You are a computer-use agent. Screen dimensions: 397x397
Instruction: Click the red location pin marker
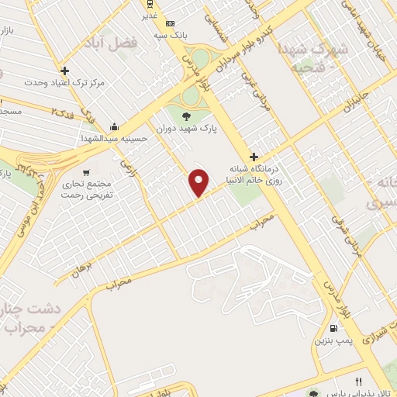(x=199, y=181)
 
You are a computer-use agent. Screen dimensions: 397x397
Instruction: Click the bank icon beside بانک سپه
(x=170, y=24)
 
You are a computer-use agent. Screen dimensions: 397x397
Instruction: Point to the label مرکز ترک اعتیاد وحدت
(x=64, y=81)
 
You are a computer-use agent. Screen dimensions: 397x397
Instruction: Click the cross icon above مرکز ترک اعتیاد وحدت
(x=64, y=70)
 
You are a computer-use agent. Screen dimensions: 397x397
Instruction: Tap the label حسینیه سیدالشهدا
(x=115, y=138)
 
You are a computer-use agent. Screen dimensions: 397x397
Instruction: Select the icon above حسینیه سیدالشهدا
(x=115, y=126)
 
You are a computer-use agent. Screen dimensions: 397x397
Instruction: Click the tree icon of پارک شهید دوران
(x=185, y=116)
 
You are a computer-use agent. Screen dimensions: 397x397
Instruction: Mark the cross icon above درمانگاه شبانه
(x=254, y=157)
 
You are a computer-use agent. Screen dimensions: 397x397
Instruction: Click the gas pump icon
(x=334, y=327)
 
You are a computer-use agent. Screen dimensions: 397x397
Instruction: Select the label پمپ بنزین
(x=332, y=340)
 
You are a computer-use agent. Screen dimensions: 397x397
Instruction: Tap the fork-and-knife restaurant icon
(x=358, y=381)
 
